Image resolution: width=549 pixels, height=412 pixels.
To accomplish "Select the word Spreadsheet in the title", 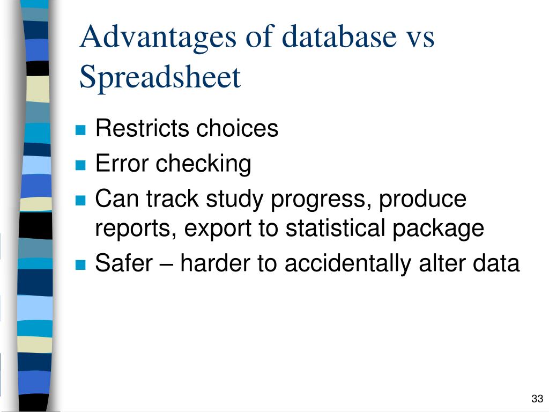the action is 160,77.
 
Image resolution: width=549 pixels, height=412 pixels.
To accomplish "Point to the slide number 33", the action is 537,399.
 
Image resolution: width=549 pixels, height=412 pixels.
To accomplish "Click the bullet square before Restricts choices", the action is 80,130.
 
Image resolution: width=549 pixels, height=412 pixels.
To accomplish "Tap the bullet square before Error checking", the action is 80,165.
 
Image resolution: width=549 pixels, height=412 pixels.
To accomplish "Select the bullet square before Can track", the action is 80,201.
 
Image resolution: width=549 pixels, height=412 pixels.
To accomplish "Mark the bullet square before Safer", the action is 80,265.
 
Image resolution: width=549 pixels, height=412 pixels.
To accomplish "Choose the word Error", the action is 122,164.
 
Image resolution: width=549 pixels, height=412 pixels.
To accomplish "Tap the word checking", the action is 203,165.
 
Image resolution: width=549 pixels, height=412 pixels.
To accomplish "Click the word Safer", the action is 124,263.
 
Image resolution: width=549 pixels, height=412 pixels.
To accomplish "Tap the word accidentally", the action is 347,264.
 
